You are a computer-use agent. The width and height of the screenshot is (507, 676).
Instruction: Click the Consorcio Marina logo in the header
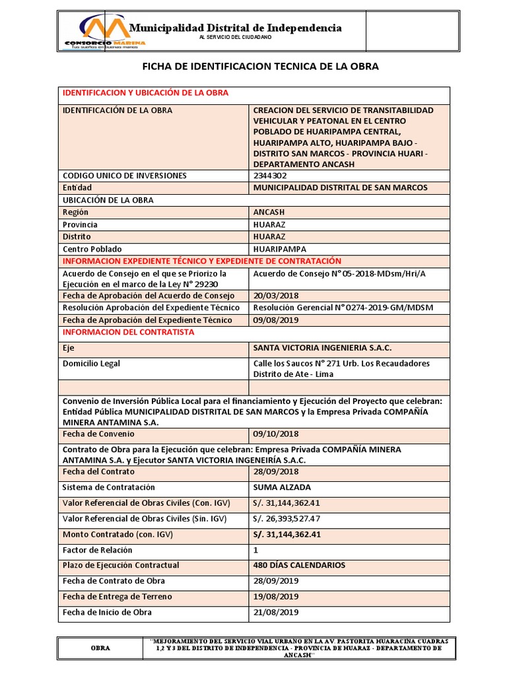point(104,33)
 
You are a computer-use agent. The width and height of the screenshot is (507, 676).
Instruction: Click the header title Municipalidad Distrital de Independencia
point(235,28)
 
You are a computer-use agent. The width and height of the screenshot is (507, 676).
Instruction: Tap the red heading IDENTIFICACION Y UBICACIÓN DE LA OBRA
point(145,93)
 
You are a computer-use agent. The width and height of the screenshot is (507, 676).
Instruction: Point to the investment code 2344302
point(271,176)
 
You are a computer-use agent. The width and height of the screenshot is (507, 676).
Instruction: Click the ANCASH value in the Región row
point(269,213)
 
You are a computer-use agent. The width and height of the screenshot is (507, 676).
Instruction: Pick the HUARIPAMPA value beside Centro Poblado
point(280,250)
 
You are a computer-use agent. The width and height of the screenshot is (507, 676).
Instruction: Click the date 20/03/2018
point(275,296)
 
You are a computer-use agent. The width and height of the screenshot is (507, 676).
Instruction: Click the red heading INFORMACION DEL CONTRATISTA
point(128,332)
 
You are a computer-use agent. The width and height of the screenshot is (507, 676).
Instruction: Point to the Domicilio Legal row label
point(91,364)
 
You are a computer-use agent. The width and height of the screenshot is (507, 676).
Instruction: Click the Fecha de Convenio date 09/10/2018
point(275,434)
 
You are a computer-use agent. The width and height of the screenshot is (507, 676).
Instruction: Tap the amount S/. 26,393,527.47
point(287,519)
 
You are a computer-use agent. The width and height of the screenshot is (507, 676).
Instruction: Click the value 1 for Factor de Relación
point(256,550)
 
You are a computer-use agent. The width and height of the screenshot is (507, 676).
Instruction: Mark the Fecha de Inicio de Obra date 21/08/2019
point(275,613)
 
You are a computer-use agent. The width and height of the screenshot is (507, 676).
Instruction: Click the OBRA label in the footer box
point(100,648)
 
